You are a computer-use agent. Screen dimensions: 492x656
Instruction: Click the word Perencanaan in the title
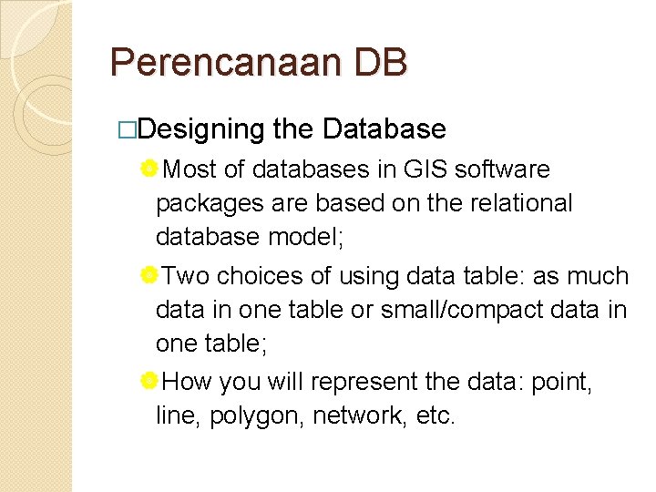(x=224, y=63)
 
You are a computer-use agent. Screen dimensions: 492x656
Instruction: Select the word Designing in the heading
(x=202, y=129)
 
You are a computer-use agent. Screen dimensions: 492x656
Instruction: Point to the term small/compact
(x=459, y=310)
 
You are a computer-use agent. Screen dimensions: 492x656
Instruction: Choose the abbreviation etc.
(x=431, y=416)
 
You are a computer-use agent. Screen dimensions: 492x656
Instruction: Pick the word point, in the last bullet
(x=560, y=382)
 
